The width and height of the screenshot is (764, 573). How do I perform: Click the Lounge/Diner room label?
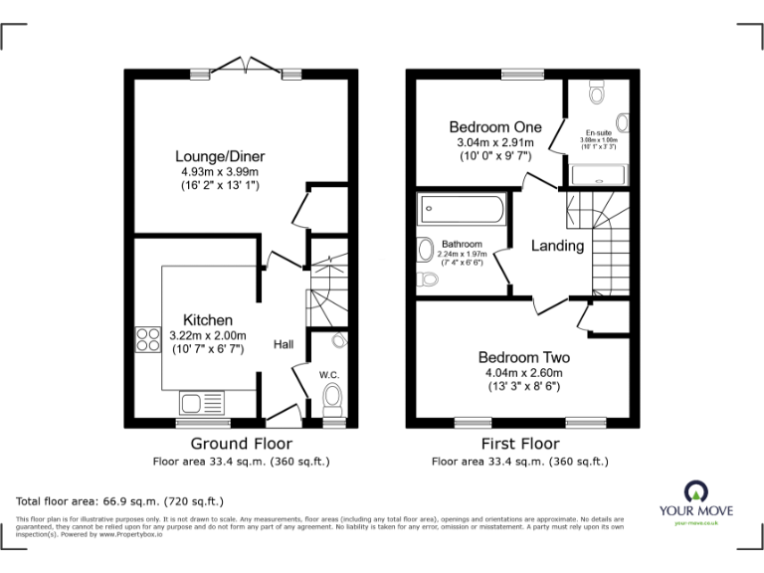tap(220, 156)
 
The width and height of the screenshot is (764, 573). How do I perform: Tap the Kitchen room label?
tap(208, 320)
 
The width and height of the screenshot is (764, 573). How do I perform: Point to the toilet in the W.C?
tap(333, 399)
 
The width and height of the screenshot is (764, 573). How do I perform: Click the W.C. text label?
tap(329, 375)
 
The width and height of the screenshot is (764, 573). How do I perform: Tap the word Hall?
tap(284, 344)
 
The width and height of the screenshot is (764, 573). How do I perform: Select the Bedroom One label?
tap(494, 127)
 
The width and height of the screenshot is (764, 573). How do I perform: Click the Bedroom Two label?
tap(523, 357)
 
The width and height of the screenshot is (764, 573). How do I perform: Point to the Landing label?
tap(556, 246)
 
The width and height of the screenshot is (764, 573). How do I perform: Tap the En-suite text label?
tap(598, 132)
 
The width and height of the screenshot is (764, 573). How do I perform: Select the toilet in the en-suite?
tap(597, 94)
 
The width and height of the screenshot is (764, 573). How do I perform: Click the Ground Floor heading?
tap(241, 444)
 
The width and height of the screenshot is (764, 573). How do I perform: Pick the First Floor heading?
tap(519, 444)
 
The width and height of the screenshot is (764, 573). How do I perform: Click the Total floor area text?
tap(120, 500)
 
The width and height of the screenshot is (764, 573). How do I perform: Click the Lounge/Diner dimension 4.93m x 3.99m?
tap(220, 171)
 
